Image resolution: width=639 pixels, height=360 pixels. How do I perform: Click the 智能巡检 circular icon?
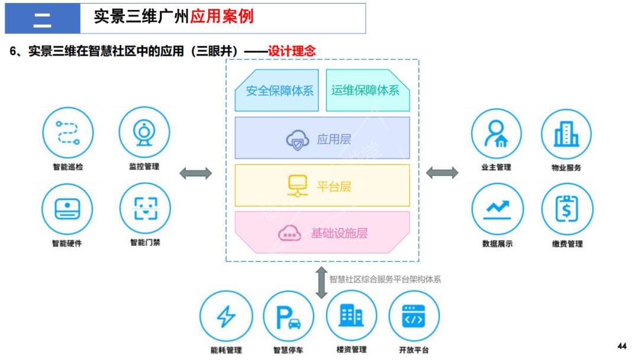tap(68, 133)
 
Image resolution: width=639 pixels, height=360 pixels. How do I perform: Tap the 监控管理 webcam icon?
tap(144, 133)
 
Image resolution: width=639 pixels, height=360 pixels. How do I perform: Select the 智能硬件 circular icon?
tap(67, 209)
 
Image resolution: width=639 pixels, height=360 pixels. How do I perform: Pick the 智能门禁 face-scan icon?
tap(144, 208)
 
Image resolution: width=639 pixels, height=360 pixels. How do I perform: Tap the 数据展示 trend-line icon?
tap(496, 209)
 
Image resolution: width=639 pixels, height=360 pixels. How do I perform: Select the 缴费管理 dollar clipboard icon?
tap(567, 209)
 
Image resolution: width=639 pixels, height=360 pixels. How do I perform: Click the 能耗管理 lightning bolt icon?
tap(225, 317)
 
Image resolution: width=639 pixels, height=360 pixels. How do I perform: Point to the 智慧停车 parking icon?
tap(288, 317)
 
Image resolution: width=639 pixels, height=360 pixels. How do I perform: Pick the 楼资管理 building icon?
tap(351, 316)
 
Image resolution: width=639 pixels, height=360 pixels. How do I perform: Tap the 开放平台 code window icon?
tap(414, 317)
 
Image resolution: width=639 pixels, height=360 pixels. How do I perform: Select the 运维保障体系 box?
tap(366, 91)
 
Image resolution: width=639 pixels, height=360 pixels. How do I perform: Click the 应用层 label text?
tap(334, 139)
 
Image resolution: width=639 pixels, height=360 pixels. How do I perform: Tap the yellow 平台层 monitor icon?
tap(295, 185)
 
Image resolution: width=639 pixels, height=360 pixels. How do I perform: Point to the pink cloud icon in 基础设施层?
tap(290, 233)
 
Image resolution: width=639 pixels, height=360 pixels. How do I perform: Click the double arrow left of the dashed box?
tap(195, 173)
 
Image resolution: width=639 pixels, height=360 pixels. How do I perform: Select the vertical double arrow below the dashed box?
tap(321, 282)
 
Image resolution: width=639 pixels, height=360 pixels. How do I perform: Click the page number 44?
tap(621, 346)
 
